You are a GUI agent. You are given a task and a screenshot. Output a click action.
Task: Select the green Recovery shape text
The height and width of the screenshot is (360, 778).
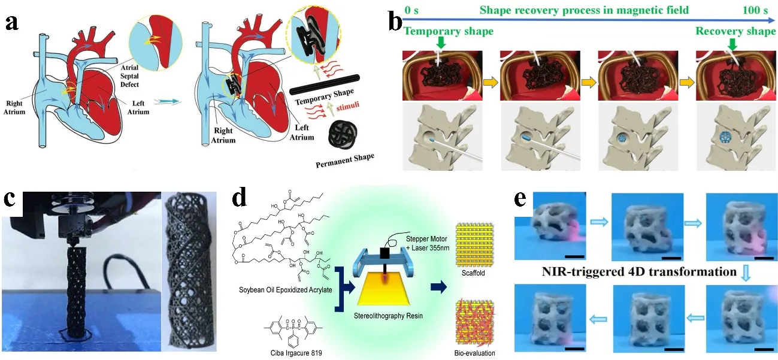coord(736,31)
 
